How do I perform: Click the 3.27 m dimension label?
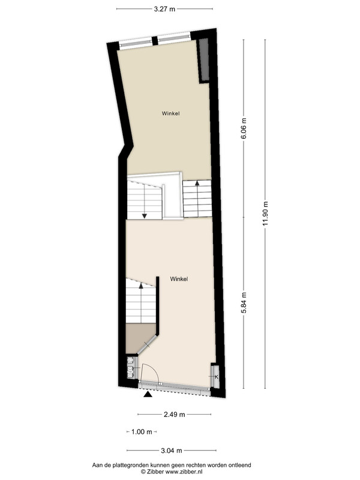164,9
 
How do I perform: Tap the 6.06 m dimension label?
244,128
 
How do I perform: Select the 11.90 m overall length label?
265,214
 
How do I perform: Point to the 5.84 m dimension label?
244,303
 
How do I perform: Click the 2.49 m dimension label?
174,415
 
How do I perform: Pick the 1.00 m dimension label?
142,432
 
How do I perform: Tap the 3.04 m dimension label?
172,451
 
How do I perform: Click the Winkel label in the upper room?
171,113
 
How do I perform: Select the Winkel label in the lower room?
179,279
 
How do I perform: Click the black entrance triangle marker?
148,394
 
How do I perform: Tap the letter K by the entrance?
217,377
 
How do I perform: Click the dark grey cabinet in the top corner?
203,61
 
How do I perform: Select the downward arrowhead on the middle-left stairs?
145,216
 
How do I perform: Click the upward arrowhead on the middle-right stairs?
197,183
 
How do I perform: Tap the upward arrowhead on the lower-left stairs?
141,286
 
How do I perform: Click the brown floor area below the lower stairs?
139,337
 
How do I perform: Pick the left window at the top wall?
136,43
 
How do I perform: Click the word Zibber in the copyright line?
155,472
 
